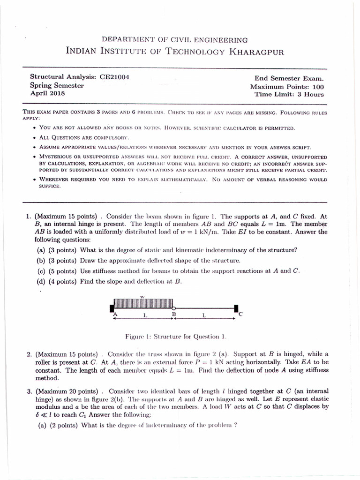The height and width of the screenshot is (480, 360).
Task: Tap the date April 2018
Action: click(x=47, y=93)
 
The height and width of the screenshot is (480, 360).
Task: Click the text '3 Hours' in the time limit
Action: click(x=309, y=94)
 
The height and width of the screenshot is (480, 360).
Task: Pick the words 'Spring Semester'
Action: click(x=57, y=85)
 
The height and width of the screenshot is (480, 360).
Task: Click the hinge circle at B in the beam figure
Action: click(x=174, y=308)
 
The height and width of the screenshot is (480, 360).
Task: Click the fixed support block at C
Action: click(x=235, y=308)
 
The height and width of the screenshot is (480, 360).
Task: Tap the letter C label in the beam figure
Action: click(x=240, y=315)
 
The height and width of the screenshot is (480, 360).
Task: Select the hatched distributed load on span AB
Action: click(x=142, y=303)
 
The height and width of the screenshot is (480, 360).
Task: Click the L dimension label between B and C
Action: click(x=204, y=315)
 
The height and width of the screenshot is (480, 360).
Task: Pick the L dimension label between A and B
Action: click(x=144, y=315)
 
